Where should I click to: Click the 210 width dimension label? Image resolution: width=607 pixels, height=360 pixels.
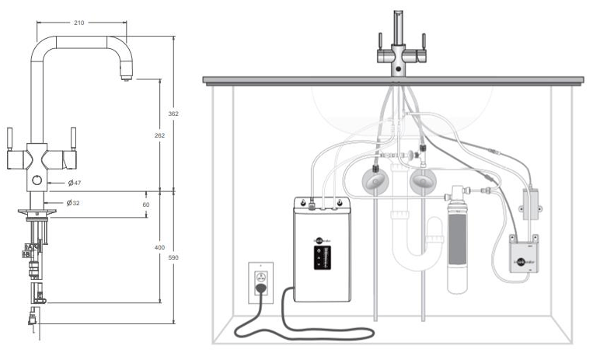(79, 23)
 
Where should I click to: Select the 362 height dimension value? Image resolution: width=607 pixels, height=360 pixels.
(174, 114)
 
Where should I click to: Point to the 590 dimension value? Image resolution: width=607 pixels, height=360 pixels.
(174, 257)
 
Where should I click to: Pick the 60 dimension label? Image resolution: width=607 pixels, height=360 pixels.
(146, 204)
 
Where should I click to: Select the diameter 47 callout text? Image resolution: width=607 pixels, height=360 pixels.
(75, 183)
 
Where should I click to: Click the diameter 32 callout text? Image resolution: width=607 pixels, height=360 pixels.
(74, 203)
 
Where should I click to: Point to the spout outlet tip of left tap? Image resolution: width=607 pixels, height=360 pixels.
(124, 76)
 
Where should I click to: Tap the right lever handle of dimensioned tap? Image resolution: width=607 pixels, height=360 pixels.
(72, 141)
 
